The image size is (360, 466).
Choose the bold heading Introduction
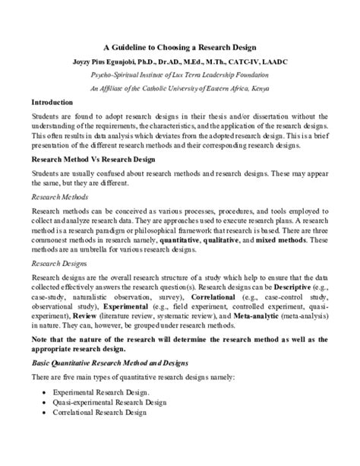pos(52,102)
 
